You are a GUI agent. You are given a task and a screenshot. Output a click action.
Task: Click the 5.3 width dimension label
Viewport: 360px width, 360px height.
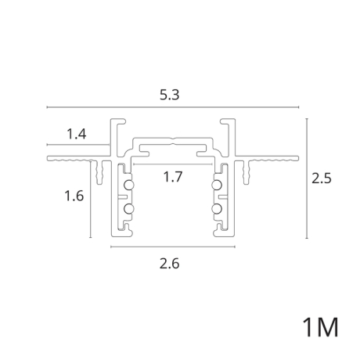point(170,95)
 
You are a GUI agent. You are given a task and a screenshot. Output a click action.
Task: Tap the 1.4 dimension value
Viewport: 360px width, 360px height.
point(77,134)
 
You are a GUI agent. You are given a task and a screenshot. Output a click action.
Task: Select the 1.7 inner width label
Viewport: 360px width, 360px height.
point(173,177)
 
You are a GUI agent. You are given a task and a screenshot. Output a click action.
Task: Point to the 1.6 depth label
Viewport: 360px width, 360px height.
point(74,196)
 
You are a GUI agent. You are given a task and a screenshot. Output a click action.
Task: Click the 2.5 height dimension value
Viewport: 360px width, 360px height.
point(322,178)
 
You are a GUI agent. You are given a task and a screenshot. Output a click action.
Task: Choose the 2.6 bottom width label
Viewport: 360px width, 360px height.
point(170,264)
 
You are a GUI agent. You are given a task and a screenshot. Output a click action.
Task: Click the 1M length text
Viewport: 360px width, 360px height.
point(321,327)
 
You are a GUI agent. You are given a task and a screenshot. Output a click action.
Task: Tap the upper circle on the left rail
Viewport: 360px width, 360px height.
point(128,185)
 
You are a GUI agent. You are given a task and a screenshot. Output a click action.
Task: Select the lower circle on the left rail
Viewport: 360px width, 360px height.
point(128,209)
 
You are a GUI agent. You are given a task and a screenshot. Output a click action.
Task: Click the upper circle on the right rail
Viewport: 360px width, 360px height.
point(217,185)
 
